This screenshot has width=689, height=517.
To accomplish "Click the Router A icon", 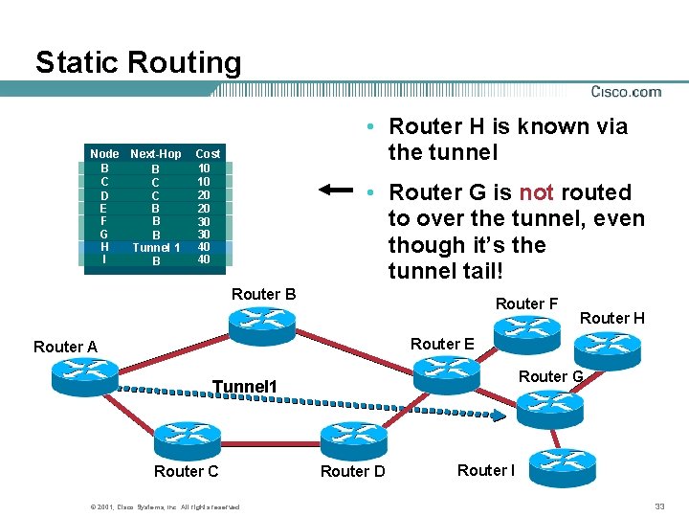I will (x=72, y=374).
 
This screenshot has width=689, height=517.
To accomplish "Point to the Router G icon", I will (x=545, y=410).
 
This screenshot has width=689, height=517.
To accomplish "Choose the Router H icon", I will (x=609, y=348).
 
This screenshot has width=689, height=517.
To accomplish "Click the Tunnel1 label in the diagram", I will (x=244, y=387).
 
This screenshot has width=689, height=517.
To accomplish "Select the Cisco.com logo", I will (x=626, y=92).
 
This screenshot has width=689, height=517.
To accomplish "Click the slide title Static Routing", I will (x=138, y=63).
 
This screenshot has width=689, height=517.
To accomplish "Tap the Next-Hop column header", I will (x=155, y=153).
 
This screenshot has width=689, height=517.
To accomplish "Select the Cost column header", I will (x=208, y=153).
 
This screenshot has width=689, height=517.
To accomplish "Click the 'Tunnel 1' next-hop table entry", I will (x=155, y=247).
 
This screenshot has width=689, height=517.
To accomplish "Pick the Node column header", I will (x=104, y=153).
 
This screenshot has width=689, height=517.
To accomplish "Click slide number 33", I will (x=659, y=506).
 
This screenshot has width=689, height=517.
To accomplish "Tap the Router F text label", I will (x=526, y=304).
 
